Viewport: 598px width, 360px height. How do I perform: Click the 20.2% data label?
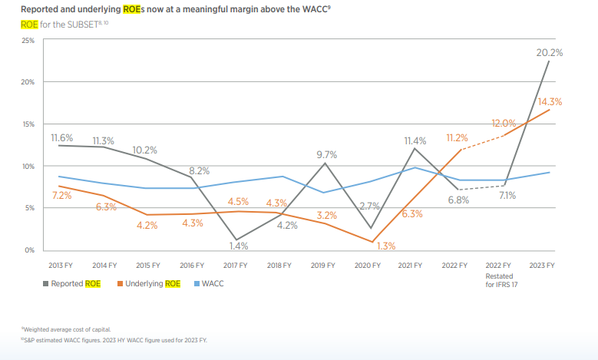click(x=549, y=53)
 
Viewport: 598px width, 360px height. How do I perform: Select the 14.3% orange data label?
click(x=549, y=102)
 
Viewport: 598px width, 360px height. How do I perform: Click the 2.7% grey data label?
click(x=370, y=206)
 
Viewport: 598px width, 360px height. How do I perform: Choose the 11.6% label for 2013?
click(x=62, y=138)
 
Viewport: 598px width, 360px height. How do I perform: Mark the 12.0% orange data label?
click(x=504, y=123)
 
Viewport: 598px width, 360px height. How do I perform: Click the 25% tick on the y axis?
click(x=28, y=40)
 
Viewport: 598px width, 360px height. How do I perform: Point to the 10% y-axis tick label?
click(x=28, y=166)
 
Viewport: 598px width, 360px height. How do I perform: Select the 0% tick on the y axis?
click(x=30, y=250)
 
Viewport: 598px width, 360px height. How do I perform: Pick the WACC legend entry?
click(x=217, y=284)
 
